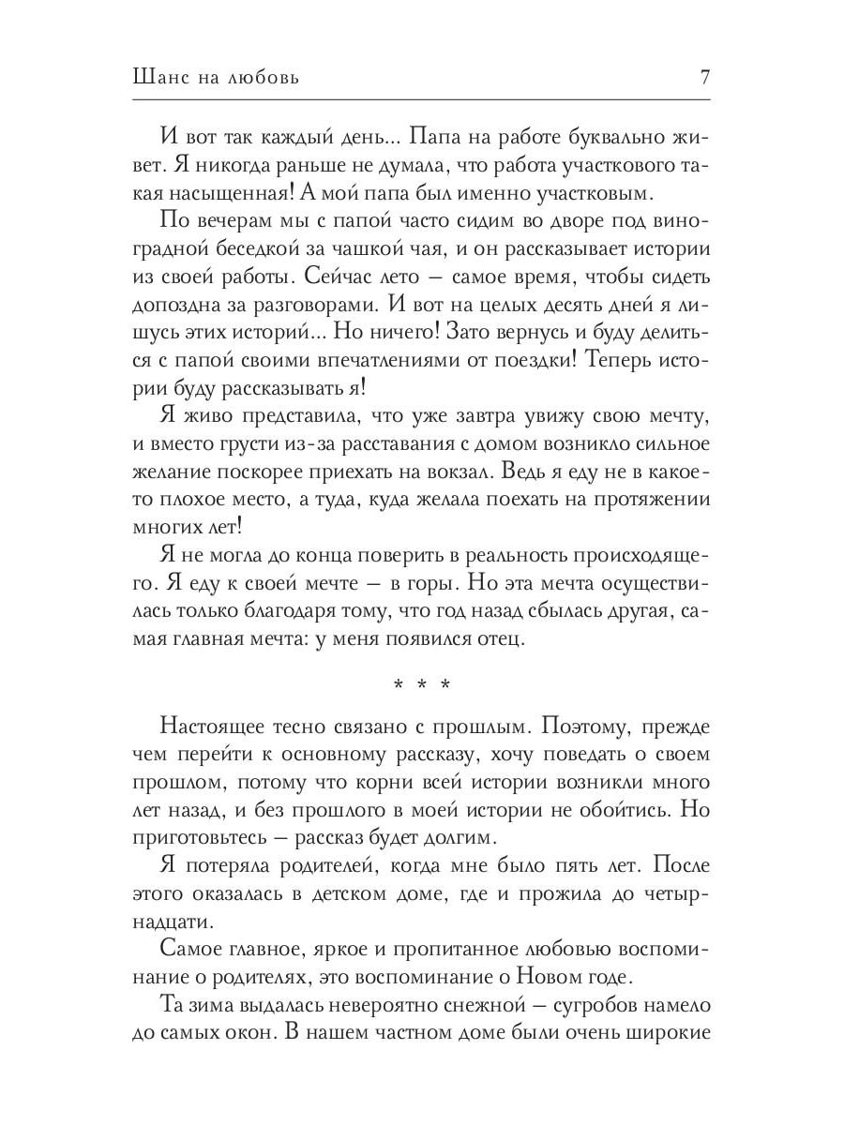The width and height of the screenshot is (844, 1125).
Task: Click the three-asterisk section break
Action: (x=421, y=684)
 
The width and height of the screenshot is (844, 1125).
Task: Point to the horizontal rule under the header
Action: (x=421, y=98)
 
